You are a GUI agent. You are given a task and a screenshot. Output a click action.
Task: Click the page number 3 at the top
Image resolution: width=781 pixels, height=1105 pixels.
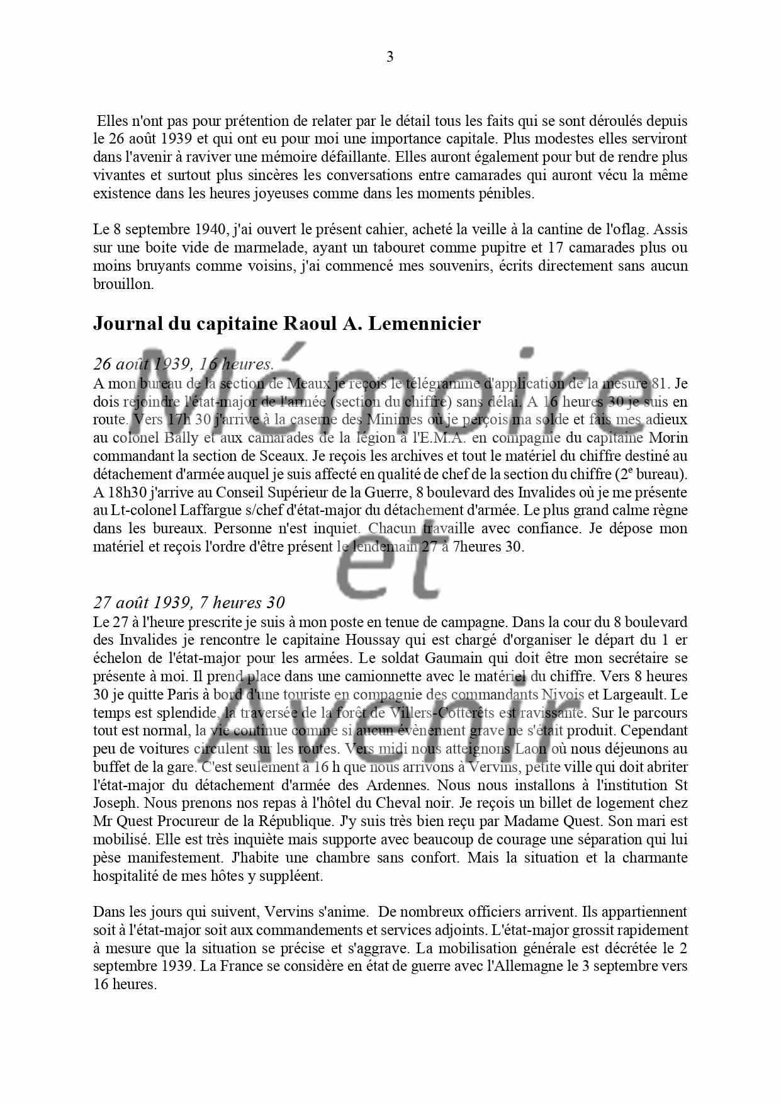[390, 57]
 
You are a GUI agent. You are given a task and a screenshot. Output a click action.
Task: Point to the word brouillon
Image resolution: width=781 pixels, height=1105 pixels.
[123, 284]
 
